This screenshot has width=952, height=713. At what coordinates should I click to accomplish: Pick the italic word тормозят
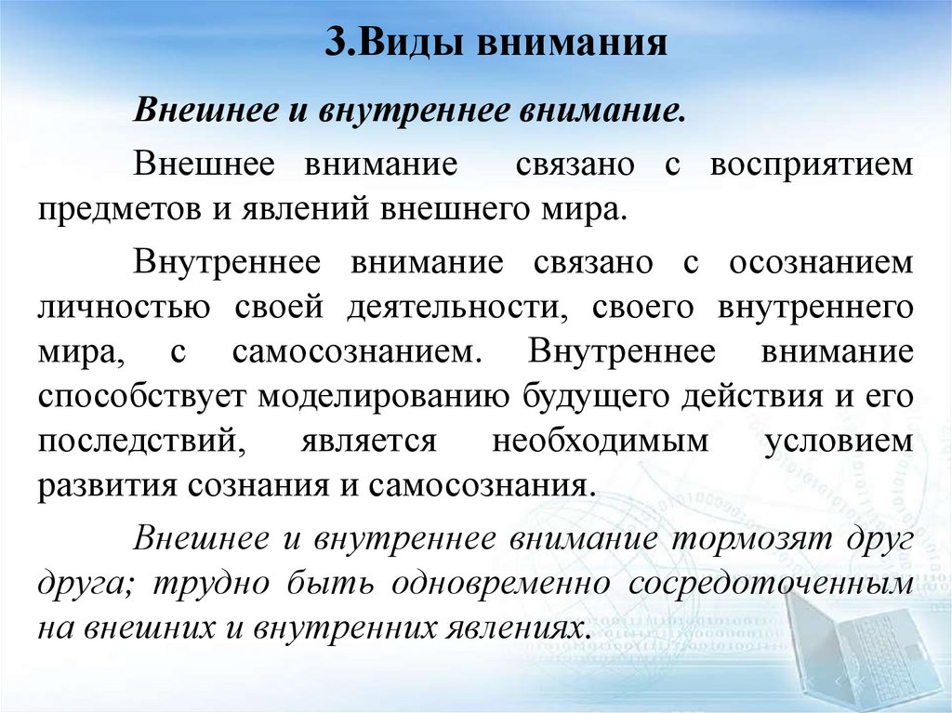pos(743,538)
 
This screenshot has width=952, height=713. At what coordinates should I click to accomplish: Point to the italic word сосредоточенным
pos(769,584)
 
